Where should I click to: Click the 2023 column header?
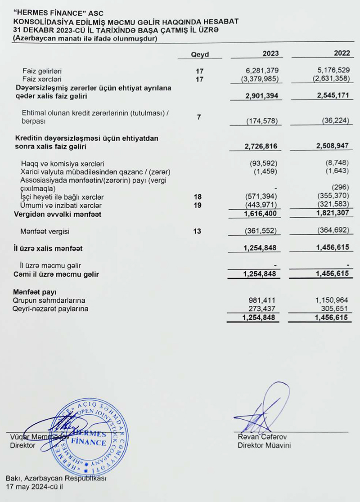click(270, 54)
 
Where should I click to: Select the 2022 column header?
click(342, 54)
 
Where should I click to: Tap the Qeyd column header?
click(200, 54)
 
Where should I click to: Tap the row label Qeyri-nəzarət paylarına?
click(50, 309)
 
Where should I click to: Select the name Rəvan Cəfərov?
click(263, 437)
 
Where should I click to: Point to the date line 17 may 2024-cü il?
click(35, 487)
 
